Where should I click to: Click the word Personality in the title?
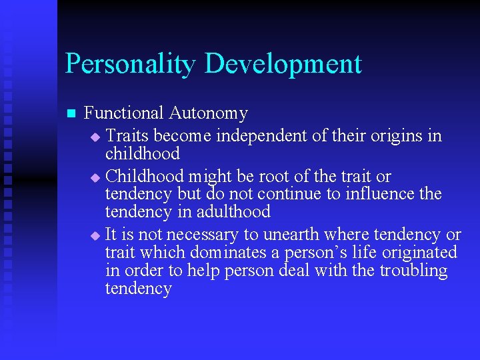coord(131,64)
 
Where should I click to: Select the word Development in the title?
coord(283,64)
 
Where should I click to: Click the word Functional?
coord(124,114)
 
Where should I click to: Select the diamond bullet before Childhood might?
coord(95,178)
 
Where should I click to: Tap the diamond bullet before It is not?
coord(95,236)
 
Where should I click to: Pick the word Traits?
coord(127,136)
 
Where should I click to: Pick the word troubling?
coord(413,271)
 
